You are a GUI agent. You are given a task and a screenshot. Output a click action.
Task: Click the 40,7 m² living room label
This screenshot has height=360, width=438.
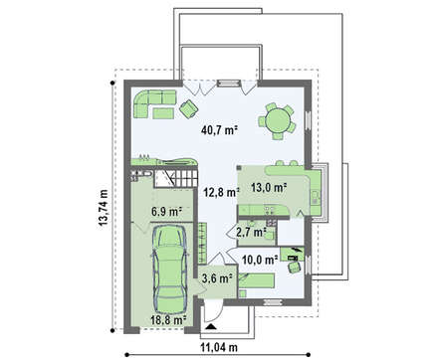point(220,130)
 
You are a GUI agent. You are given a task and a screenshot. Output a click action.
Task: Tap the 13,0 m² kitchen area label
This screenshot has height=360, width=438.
point(269,188)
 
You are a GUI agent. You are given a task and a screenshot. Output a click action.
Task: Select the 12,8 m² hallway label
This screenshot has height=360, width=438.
point(222,192)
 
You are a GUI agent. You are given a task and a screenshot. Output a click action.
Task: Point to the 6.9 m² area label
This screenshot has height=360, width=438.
point(167,212)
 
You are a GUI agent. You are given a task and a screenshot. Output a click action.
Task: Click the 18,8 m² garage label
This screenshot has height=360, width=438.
point(168,320)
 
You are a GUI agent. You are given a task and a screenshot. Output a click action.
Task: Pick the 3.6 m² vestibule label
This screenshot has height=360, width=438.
point(217,278)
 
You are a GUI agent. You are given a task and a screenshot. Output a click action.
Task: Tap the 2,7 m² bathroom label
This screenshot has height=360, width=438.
point(252,233)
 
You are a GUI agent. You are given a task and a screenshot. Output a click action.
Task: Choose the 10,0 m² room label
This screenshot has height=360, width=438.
point(260,260)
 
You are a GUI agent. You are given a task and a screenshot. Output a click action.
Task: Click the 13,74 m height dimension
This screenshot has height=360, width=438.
point(104,208)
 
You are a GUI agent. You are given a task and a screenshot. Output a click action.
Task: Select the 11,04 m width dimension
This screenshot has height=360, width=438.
point(219,347)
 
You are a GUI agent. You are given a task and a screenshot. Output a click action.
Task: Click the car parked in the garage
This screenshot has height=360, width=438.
point(170,269)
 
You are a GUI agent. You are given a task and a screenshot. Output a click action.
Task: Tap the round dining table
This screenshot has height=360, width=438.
point(278,121)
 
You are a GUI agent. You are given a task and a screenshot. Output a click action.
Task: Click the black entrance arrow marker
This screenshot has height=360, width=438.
point(210,327)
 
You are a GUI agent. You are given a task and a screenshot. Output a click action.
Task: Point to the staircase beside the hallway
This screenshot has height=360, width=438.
point(175,178)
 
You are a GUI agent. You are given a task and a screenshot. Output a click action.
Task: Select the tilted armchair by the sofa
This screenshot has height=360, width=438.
point(189,108)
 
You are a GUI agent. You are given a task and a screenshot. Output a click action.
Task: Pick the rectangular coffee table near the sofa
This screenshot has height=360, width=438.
point(163,113)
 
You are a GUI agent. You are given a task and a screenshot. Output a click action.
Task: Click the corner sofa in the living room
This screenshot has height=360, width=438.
point(154,102)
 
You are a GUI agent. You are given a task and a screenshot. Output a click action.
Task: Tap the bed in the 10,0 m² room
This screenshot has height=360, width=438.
point(257,280)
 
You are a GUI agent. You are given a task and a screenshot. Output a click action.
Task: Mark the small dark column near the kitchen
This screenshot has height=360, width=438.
point(239,168)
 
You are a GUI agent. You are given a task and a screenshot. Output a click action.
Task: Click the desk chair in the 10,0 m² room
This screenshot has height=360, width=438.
point(295,267)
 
